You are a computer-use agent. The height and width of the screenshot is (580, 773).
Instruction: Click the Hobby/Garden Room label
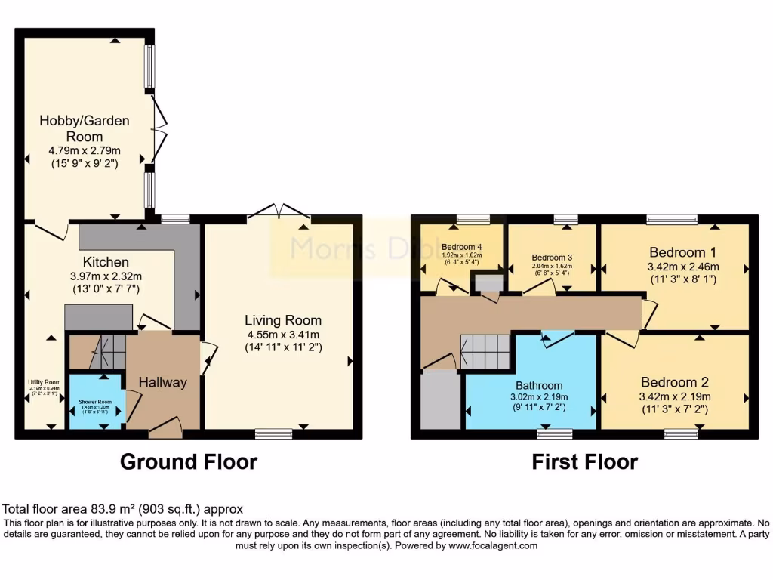(85, 128)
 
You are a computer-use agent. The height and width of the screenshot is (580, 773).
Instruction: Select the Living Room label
(283, 320)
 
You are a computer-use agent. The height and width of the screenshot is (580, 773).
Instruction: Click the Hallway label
(163, 382)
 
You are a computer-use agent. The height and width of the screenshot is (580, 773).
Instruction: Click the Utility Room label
(45, 382)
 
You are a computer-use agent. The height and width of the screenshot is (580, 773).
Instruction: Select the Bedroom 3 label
(553, 257)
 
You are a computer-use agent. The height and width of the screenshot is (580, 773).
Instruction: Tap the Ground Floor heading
(189, 461)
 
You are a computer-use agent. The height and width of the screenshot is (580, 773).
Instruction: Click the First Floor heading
(585, 461)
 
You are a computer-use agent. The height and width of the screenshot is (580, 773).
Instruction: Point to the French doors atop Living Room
(279, 211)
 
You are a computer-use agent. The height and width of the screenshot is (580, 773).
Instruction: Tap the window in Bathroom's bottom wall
(555, 433)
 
